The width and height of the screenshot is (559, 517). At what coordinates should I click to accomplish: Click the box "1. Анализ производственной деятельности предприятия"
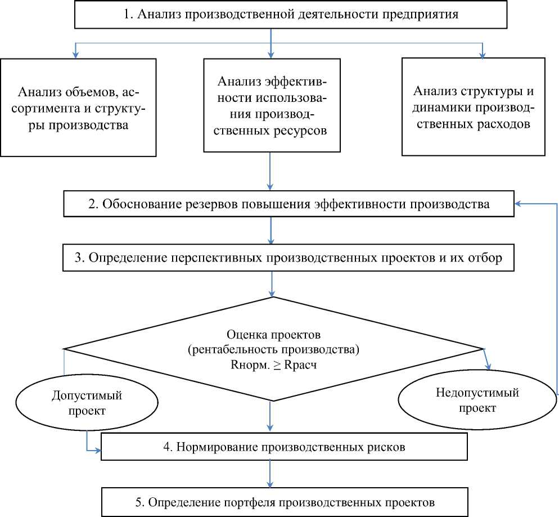(x=291, y=15)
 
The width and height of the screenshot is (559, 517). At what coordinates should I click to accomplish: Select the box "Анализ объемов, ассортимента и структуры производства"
(x=78, y=107)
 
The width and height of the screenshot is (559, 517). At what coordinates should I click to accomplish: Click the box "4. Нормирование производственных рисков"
(x=284, y=447)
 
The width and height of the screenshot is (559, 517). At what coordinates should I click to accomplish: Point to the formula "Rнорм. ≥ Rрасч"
(x=273, y=364)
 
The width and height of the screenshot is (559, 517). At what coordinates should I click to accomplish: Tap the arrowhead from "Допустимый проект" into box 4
(x=98, y=451)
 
